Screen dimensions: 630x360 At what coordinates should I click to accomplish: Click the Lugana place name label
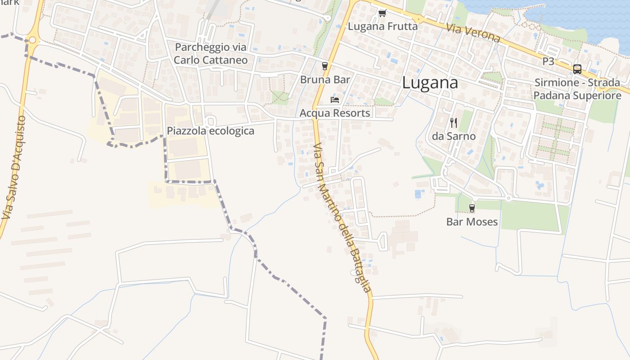(x=430, y=83)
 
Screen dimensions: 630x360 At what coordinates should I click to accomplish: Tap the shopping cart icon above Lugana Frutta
(x=382, y=13)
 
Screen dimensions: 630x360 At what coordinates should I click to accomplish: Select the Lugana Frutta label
(x=382, y=27)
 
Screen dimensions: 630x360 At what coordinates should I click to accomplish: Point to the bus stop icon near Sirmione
(x=577, y=69)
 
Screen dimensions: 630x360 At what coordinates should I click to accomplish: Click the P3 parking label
(x=548, y=61)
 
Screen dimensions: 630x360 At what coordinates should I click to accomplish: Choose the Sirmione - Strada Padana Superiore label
(x=577, y=89)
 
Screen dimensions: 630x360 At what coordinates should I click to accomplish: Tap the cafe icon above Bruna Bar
(x=325, y=66)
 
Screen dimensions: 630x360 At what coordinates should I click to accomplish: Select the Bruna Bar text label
(x=325, y=80)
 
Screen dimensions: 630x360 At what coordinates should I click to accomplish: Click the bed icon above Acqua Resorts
(x=335, y=99)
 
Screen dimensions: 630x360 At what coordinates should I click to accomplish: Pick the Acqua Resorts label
(x=335, y=113)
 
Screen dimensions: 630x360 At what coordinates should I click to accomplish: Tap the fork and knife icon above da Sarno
(x=454, y=122)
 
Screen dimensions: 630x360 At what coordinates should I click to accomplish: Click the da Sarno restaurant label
(x=454, y=136)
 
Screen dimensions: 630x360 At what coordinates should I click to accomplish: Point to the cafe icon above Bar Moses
(x=472, y=208)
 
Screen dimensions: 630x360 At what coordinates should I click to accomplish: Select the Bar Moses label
(x=472, y=221)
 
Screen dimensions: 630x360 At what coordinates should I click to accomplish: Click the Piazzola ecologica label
(x=211, y=131)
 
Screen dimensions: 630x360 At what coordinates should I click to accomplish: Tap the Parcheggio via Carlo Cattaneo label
(x=211, y=53)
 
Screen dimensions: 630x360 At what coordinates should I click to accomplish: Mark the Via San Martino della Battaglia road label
(x=342, y=218)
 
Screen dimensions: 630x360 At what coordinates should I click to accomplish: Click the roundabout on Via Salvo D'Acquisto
(x=32, y=40)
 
